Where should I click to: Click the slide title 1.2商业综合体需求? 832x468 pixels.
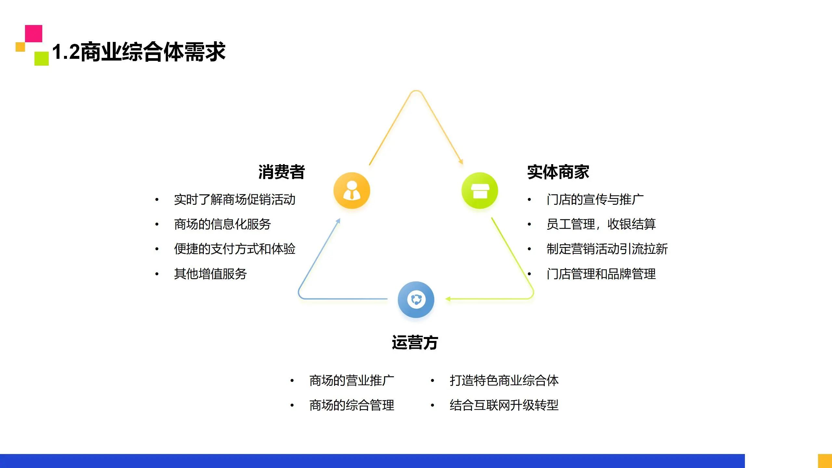[139, 52]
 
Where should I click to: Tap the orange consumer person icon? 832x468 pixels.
[352, 190]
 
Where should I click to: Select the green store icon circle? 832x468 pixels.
[480, 190]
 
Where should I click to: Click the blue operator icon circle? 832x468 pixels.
[416, 299]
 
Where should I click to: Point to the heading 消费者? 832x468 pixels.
[281, 172]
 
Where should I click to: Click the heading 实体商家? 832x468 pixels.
[558, 172]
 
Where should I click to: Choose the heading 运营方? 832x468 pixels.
[415, 343]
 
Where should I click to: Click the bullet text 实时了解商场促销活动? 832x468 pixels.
[235, 200]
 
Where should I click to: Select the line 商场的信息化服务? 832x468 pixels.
[222, 224]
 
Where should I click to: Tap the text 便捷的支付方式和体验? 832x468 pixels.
[235, 249]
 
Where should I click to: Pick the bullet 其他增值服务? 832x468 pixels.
[210, 274]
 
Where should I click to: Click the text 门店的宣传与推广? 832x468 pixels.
[595, 200]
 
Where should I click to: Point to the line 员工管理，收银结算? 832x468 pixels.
[601, 224]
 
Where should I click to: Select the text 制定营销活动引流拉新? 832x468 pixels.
[607, 249]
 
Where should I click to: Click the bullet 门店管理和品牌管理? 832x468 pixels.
[601, 274]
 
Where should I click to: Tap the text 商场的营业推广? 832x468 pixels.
[352, 381]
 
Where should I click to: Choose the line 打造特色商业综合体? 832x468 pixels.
[504, 381]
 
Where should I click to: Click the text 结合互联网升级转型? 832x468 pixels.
[504, 405]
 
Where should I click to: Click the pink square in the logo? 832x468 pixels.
[33, 33]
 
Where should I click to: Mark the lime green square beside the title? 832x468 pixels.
[42, 58]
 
